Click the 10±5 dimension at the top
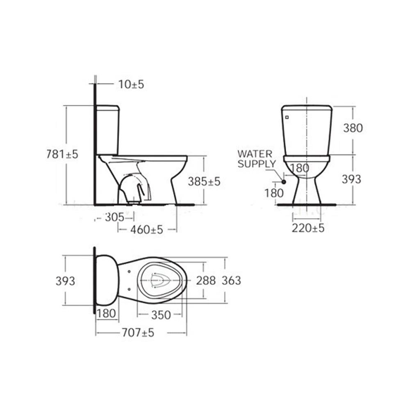(x=131, y=84)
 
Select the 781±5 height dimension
(x=62, y=154)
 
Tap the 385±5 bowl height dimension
(x=204, y=181)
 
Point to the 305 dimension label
(x=114, y=217)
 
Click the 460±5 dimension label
(x=147, y=230)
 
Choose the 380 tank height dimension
(x=353, y=128)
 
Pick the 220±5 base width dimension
(x=308, y=228)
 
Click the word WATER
(x=255, y=154)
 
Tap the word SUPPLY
(x=257, y=164)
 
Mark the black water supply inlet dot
(x=283, y=182)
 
